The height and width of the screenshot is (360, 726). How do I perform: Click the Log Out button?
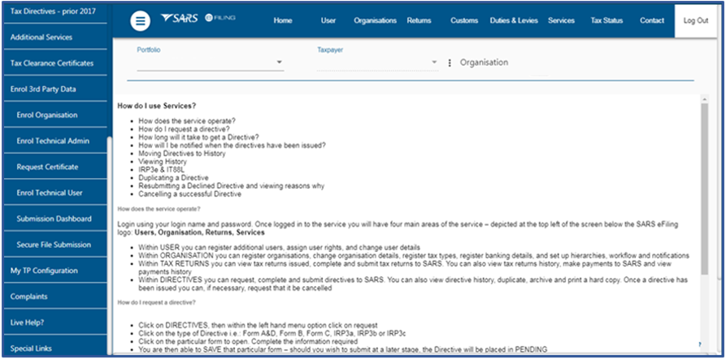point(696,20)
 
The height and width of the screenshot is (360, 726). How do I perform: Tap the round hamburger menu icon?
point(140,21)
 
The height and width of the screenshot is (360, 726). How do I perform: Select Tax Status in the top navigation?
point(606,20)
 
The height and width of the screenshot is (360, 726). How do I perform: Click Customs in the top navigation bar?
point(464,20)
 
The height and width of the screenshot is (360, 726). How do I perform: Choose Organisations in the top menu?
point(375,20)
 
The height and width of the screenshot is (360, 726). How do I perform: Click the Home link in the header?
point(283,20)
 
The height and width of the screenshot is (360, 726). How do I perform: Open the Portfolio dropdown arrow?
point(279,63)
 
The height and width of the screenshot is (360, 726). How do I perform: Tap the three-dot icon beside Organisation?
point(450,63)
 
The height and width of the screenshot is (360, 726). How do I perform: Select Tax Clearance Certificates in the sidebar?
point(51,63)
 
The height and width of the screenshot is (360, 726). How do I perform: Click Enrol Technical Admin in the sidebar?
point(53,141)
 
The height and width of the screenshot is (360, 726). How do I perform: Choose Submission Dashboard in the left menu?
point(54,219)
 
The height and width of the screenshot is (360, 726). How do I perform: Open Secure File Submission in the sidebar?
point(54,245)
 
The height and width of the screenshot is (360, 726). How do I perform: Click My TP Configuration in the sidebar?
point(44,271)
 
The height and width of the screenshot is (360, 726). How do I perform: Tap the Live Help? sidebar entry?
point(28,323)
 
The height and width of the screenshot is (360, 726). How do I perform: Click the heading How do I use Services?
point(156,106)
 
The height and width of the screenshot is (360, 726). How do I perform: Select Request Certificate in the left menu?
point(47,167)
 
